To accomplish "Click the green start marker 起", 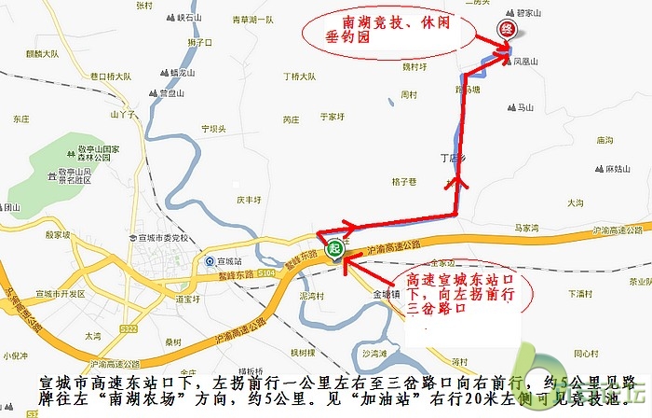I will pyautogui.click(x=334, y=248).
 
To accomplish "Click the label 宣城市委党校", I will pyautogui.click(x=161, y=238).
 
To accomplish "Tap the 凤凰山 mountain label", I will pyautogui.click(x=527, y=63).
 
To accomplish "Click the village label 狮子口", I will pyautogui.click(x=200, y=42).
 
